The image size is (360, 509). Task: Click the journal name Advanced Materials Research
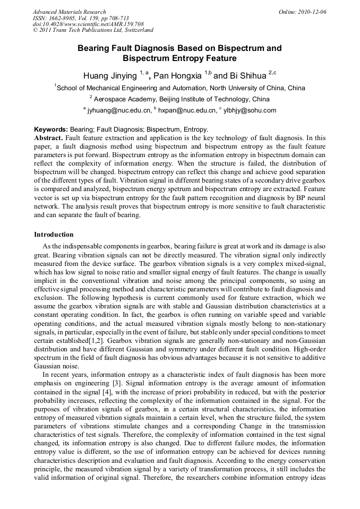(x=69, y=12)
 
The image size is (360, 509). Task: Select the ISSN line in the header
(x=81, y=18)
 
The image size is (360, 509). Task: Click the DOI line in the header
(x=88, y=24)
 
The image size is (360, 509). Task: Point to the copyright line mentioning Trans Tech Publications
(x=93, y=31)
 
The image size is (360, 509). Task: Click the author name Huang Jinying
(x=110, y=75)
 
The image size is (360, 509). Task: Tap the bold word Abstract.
(x=48, y=137)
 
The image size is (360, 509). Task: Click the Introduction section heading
(x=54, y=234)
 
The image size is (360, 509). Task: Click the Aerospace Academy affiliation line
(x=179, y=99)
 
